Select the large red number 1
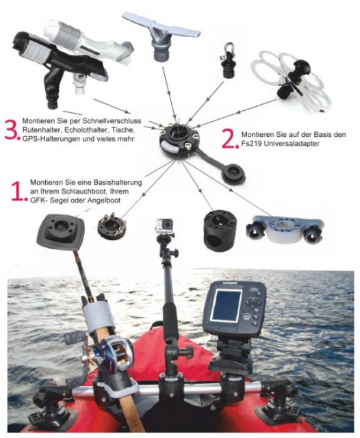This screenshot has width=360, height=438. tap(19, 191)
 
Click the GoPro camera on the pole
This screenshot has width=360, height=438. tap(165, 226)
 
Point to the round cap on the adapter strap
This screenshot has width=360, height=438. tap(234, 175)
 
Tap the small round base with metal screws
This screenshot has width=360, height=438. tap(112, 226)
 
